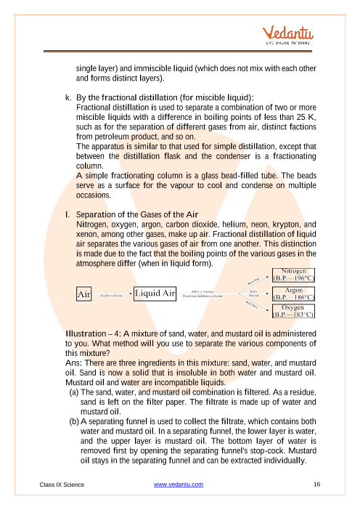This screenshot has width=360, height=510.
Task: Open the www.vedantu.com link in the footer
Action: click(179, 484)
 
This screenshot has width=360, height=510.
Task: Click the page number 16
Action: click(317, 484)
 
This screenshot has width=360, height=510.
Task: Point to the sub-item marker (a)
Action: click(74, 392)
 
